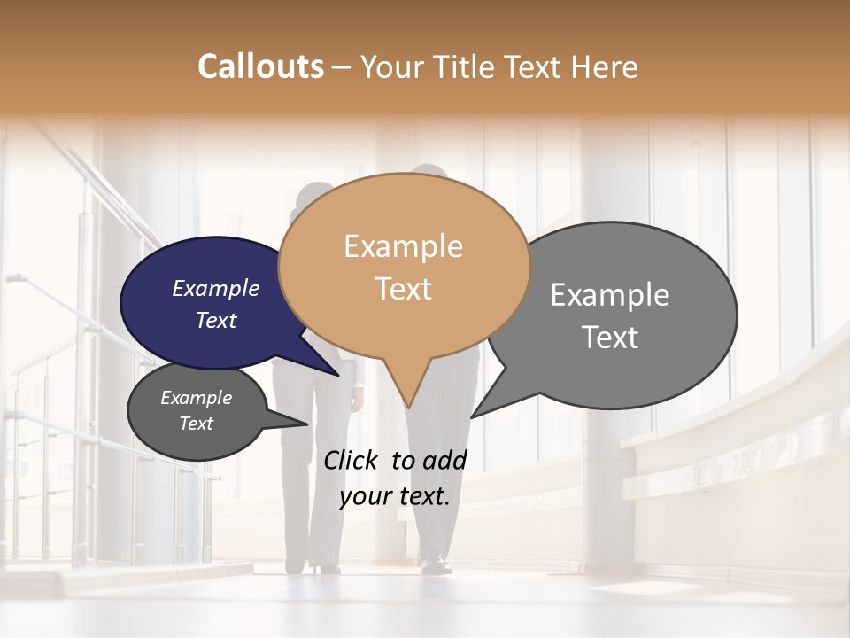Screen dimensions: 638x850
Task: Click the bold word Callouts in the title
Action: click(260, 66)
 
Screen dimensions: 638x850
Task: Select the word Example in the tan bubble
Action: click(403, 246)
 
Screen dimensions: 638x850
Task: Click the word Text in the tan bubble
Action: click(403, 289)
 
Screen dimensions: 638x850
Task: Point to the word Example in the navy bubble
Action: click(215, 288)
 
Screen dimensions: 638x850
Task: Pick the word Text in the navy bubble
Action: click(215, 320)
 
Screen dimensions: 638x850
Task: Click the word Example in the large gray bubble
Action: click(610, 295)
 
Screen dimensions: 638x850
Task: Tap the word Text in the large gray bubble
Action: click(610, 338)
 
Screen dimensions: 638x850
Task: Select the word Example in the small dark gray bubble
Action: click(196, 398)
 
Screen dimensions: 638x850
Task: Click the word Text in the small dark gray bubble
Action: click(196, 424)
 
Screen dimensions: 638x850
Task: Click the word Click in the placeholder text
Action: click(352, 460)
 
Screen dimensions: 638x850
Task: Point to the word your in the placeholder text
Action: click(364, 496)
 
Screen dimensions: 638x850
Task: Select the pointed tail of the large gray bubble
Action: click(476, 413)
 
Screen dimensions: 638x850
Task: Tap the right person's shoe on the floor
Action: click(433, 564)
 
